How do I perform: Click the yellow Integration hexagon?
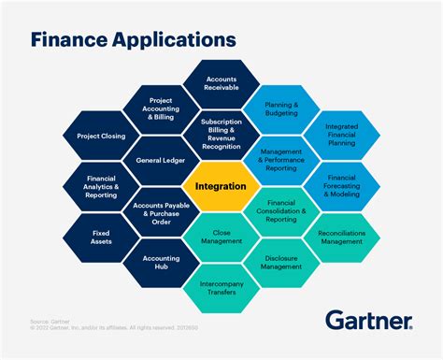coord(221,186)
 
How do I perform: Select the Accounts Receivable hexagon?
coord(221,83)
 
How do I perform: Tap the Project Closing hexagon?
coord(101,135)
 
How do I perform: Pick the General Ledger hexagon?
coord(161,160)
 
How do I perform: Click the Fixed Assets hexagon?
coord(101,236)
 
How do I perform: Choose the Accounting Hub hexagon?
coord(161,263)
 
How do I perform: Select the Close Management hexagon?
coord(221,238)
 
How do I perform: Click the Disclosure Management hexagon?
coord(281,263)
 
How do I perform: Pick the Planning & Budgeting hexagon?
coord(281,108)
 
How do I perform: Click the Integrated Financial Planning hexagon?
coord(341,135)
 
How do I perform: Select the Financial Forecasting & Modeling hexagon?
coord(341,186)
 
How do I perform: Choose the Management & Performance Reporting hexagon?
coord(281,160)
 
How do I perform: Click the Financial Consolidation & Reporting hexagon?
coord(281,211)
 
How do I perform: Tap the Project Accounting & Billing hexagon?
coord(161,108)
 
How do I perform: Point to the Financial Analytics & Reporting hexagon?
coord(101,186)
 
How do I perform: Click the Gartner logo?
coord(369,320)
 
